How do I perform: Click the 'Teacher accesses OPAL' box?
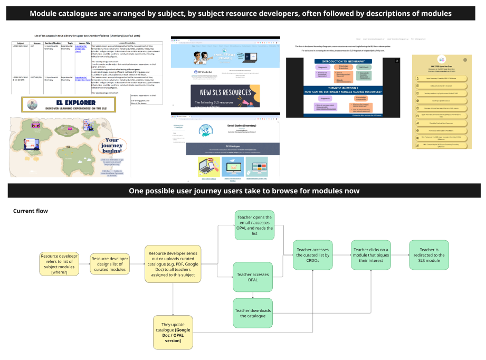[253, 278]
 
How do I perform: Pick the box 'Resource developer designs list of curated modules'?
[110, 264]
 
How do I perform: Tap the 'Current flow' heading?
[30, 211]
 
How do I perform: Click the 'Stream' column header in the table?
[36, 43]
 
